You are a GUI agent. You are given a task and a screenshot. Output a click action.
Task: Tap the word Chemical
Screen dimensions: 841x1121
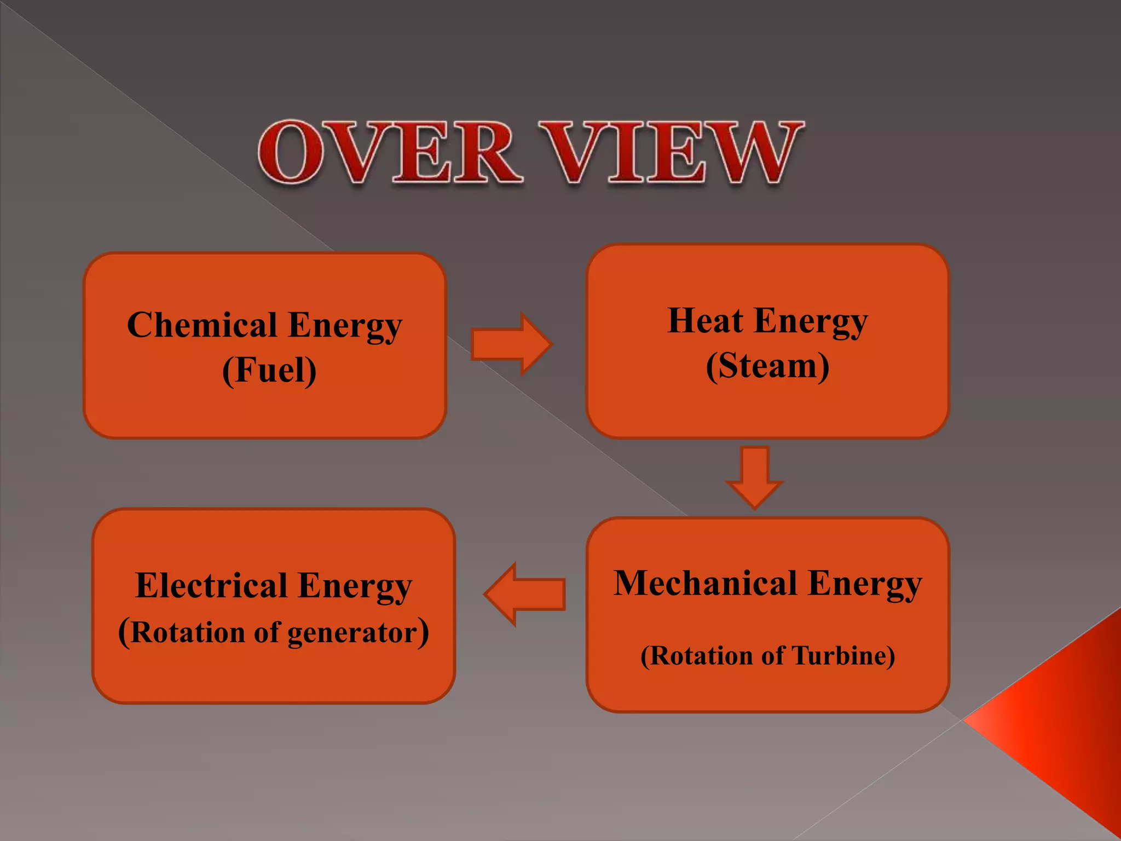[x=202, y=325]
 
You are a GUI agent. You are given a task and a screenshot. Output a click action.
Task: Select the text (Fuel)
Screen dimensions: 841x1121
[x=269, y=371]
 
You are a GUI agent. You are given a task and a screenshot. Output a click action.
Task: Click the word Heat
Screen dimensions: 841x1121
[x=705, y=321]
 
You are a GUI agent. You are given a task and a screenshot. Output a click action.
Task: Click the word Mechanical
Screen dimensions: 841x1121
[x=705, y=583]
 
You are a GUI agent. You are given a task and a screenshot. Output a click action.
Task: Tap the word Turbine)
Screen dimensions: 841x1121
[x=843, y=655]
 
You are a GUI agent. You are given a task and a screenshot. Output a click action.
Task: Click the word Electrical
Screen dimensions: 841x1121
[x=211, y=586]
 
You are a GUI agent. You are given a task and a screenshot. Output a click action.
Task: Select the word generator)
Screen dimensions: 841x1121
[x=358, y=633]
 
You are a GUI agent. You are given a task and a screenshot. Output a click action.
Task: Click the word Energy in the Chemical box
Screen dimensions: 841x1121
[x=345, y=326]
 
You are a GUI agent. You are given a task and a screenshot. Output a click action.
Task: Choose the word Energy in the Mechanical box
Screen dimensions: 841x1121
[x=865, y=584]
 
